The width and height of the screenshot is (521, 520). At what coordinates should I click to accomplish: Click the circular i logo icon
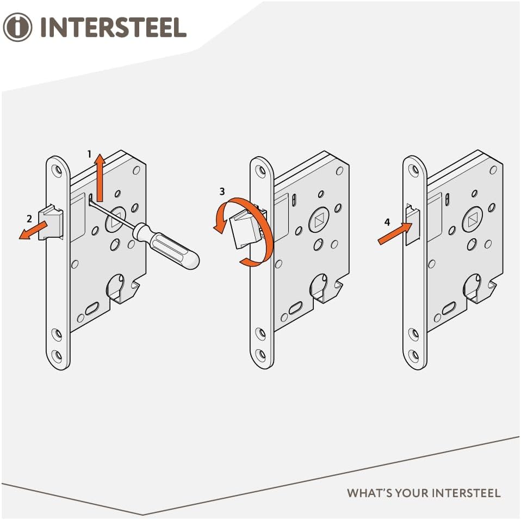tap(18, 27)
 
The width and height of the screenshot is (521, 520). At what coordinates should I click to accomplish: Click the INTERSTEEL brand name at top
tap(113, 27)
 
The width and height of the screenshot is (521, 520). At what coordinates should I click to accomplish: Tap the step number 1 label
tap(89, 154)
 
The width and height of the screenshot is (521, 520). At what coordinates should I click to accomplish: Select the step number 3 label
tap(221, 191)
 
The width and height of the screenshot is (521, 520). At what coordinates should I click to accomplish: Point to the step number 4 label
tap(387, 222)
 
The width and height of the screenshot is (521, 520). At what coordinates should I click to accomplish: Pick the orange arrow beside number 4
tap(392, 234)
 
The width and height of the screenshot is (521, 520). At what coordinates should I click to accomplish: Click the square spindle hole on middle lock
tap(318, 221)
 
